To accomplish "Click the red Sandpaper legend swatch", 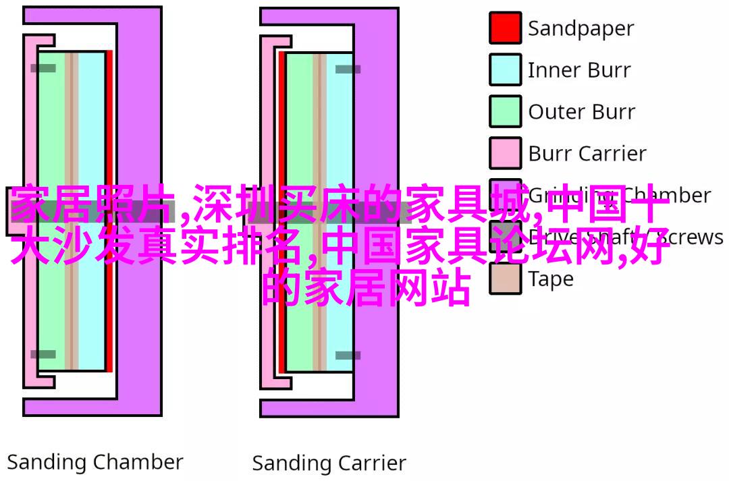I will (x=505, y=28).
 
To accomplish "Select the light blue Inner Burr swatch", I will (x=505, y=69).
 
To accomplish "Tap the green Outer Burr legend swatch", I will (x=505, y=111).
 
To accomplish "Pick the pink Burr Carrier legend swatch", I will (x=505, y=153).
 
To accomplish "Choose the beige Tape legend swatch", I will (x=505, y=278).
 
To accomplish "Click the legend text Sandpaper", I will (x=580, y=29).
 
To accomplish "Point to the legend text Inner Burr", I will (x=579, y=70).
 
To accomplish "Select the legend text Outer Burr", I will (x=581, y=112).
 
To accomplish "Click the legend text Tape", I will (x=550, y=279).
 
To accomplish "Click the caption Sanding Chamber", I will (x=95, y=463).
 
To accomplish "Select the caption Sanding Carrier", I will (x=329, y=463).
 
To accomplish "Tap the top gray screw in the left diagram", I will (x=43, y=68).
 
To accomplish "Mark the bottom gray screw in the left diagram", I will (x=43, y=354).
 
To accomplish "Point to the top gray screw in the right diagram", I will (x=348, y=69).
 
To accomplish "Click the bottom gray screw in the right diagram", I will (x=348, y=355).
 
